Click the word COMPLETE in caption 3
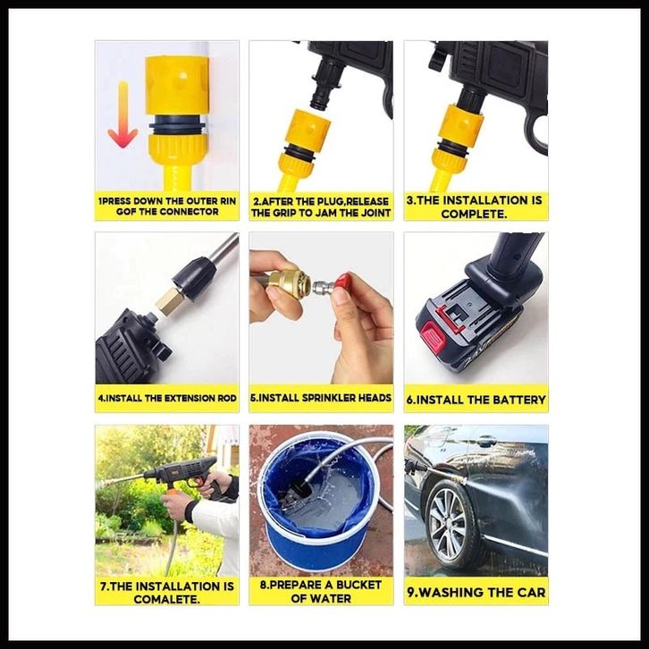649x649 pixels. pyautogui.click(x=473, y=214)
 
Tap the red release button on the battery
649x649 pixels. pyautogui.click(x=433, y=334)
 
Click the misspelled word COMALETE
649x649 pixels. pyautogui.click(x=166, y=599)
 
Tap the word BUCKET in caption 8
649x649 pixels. pyautogui.click(x=358, y=585)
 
